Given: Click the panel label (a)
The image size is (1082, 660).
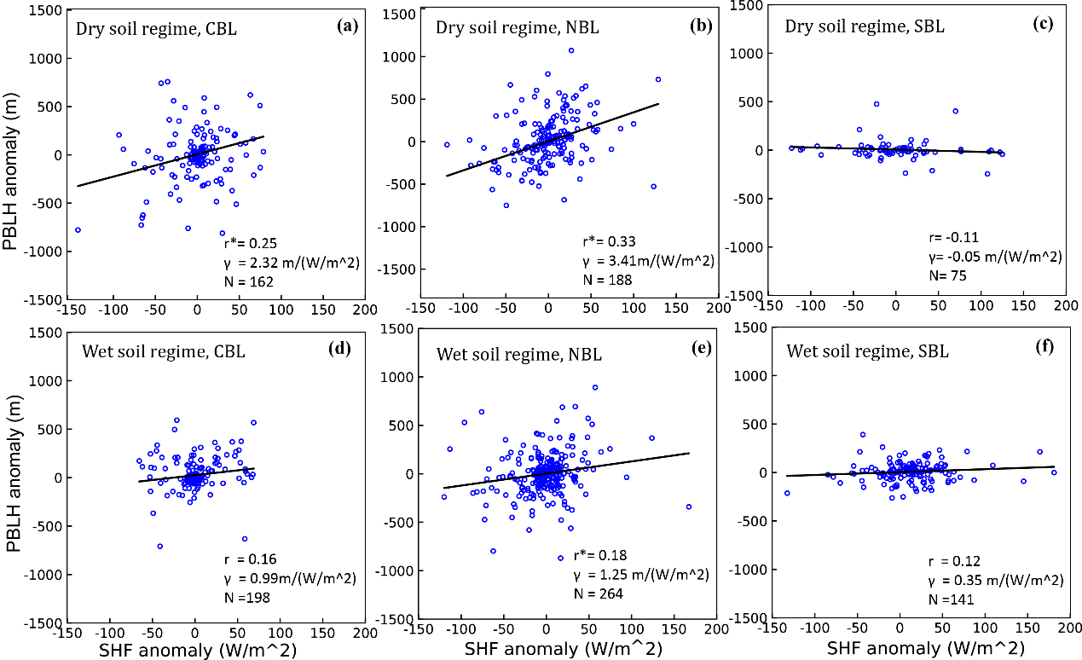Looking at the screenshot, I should coord(346,26).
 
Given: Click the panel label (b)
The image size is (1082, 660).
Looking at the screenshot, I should coord(700,26).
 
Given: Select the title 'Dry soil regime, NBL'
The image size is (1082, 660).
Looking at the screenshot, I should coord(517,26).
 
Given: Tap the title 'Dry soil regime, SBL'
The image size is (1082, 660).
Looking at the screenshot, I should coord(864,26).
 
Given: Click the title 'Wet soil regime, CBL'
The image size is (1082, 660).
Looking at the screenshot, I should coord(163,350).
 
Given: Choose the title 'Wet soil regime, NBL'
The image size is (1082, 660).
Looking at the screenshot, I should coord(518,354).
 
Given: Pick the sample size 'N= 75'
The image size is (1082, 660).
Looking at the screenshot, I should coord(947,275).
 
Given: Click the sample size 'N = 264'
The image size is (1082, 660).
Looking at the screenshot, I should coord(598,593).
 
